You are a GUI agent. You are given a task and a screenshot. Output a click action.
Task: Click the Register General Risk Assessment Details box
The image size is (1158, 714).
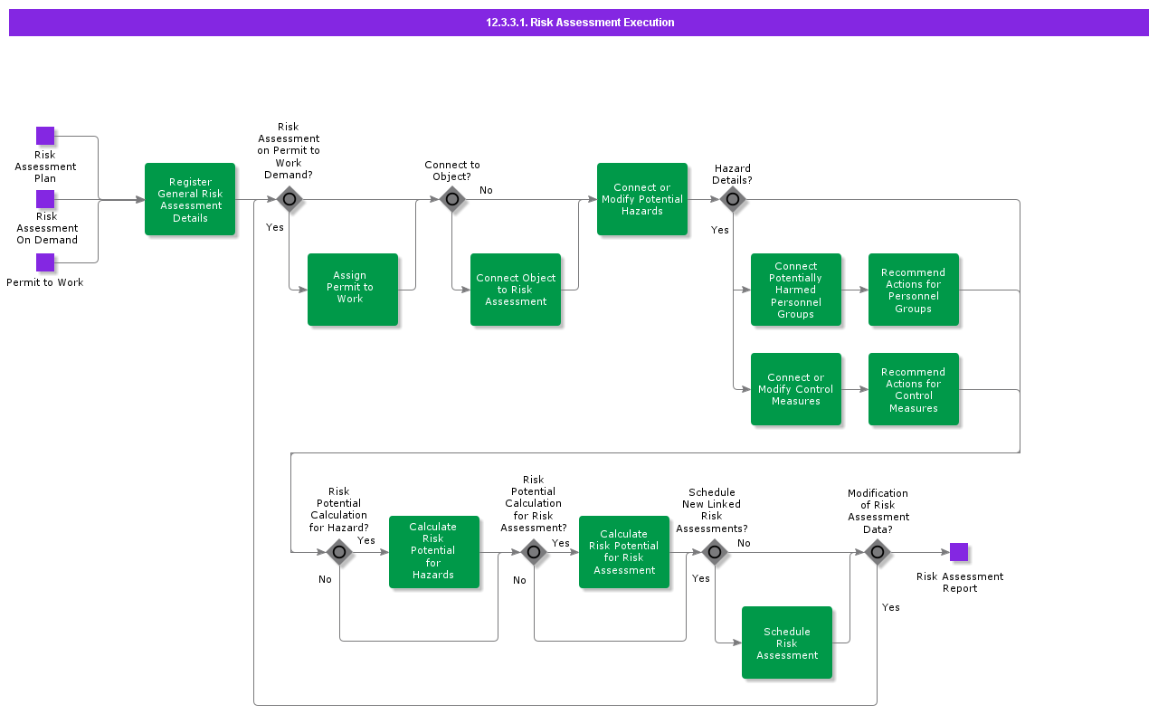[190, 199]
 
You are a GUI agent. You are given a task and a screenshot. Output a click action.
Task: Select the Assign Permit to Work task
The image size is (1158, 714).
[353, 290]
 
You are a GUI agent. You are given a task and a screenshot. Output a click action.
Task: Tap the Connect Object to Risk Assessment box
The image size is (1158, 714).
[516, 290]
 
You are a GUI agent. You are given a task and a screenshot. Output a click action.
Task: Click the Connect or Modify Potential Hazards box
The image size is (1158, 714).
[642, 199]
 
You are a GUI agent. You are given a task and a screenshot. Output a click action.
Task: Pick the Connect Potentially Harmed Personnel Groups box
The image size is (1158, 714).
[796, 290]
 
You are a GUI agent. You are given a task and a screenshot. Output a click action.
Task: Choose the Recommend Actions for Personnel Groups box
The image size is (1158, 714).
[914, 290]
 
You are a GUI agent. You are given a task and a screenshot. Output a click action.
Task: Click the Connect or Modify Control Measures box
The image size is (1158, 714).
[796, 389]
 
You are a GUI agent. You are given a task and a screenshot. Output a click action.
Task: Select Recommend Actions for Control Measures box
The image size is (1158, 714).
[914, 389]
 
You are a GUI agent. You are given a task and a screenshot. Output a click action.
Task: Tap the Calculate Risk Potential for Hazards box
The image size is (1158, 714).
[434, 552]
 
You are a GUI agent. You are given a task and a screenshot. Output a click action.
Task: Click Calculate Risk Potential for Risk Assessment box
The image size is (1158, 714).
[624, 552]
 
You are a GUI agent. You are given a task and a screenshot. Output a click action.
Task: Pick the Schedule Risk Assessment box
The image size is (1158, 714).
[787, 643]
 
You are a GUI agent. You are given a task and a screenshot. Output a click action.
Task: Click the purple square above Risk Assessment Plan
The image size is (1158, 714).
[45, 136]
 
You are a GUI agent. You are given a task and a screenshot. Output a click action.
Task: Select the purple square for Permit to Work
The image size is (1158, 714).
[45, 262]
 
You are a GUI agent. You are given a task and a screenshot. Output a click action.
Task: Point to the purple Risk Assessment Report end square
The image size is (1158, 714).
[959, 552]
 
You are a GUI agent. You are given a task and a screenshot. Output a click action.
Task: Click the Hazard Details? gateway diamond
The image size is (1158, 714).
[733, 199]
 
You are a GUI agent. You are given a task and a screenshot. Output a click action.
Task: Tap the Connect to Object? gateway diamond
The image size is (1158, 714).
[452, 199]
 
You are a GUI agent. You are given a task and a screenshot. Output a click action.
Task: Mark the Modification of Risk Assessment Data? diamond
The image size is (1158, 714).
[878, 552]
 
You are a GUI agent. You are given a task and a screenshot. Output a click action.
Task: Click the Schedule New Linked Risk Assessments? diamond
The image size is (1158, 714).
[715, 552]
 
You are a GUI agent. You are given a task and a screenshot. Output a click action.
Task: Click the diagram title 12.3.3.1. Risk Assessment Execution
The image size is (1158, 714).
[579, 23]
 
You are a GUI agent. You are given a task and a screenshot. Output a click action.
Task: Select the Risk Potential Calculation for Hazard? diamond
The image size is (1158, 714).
[339, 552]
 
